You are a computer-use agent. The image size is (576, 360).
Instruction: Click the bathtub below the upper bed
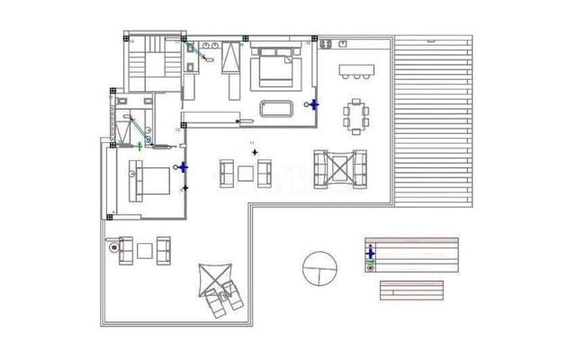point(277,109)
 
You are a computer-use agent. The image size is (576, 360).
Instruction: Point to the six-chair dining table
point(357,114)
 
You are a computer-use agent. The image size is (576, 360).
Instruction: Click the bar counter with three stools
point(355,69)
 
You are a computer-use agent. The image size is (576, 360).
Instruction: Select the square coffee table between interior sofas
point(246,173)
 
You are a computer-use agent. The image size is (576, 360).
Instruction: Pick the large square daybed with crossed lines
point(340,167)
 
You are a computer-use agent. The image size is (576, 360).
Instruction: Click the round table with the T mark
point(319,267)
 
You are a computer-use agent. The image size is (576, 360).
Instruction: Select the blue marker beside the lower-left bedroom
point(184,167)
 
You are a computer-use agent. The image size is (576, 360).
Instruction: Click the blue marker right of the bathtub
point(313,103)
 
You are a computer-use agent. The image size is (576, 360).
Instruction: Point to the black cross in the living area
point(255,152)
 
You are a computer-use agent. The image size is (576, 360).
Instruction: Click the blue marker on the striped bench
point(370,255)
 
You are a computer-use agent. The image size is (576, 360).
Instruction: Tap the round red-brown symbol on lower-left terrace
point(113,244)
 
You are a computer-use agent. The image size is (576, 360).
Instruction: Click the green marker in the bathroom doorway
point(139,146)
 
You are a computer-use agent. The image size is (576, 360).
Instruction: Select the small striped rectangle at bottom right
point(411,291)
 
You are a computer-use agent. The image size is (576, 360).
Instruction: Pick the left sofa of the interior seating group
point(227,173)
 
